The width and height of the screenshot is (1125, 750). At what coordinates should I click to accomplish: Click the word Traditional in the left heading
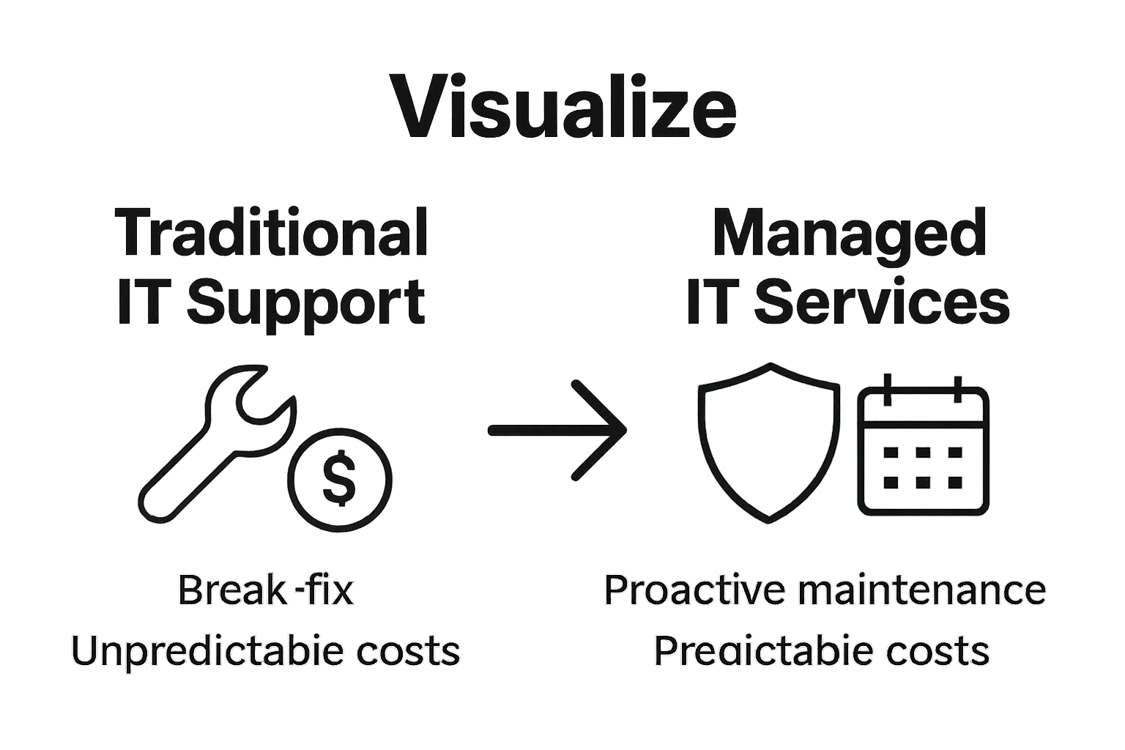pos(271,233)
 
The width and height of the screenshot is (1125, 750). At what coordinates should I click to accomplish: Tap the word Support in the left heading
pos(306,302)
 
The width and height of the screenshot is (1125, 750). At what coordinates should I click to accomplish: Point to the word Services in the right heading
pos(882,302)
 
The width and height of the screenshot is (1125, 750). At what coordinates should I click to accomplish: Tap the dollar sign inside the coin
pos(339,480)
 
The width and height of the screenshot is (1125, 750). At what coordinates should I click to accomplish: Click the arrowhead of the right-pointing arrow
pos(604,430)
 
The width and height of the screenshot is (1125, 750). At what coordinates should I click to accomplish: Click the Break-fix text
pos(265,590)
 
